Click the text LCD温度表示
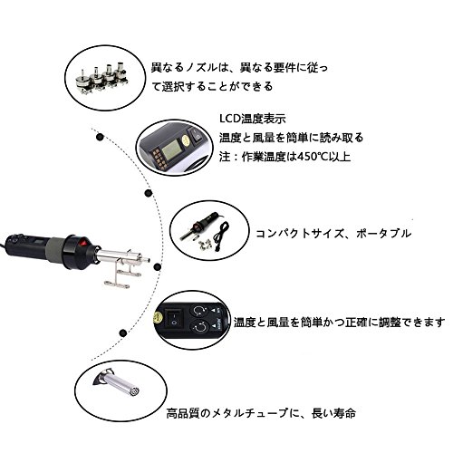[253, 119]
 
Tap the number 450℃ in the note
[312, 157]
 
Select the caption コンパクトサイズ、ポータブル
[333, 234]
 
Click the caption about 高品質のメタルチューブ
[261, 413]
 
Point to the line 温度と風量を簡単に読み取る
[292, 138]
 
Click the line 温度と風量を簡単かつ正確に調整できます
[339, 323]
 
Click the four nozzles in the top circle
[101, 78]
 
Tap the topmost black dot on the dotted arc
[100, 137]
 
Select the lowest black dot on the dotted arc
[122, 333]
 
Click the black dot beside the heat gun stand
[158, 266]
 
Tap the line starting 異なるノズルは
[239, 67]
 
